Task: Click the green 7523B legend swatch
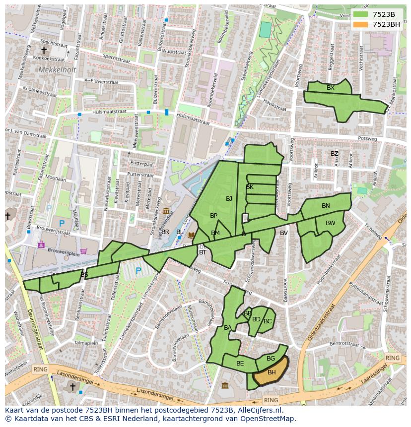click(x=360, y=14)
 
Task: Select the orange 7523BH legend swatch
click(x=360, y=24)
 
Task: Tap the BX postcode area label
click(x=331, y=88)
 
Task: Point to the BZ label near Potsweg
click(x=335, y=154)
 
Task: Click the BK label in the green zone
click(x=250, y=187)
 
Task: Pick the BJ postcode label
click(x=229, y=199)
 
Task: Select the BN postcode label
click(x=326, y=206)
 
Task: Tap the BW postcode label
click(x=330, y=223)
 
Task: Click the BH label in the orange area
click(x=272, y=372)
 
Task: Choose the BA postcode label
click(x=228, y=328)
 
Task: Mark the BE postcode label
click(x=240, y=364)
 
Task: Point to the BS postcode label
click(x=84, y=275)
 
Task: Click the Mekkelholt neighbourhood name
click(x=57, y=70)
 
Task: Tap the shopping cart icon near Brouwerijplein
click(x=83, y=251)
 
